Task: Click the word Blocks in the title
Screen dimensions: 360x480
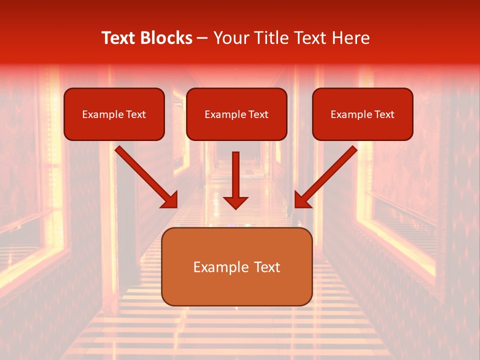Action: click(167, 38)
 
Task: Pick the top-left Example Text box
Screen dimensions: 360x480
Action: click(114, 114)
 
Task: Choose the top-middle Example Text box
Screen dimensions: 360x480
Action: click(236, 114)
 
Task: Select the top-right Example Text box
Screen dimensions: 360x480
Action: click(362, 114)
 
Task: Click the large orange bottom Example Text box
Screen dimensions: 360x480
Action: click(236, 266)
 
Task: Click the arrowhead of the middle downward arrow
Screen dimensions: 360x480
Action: click(235, 202)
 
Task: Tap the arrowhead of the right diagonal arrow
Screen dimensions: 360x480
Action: click(301, 200)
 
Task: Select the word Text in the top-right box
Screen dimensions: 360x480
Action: click(384, 114)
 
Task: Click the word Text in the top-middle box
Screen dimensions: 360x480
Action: click(258, 114)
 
